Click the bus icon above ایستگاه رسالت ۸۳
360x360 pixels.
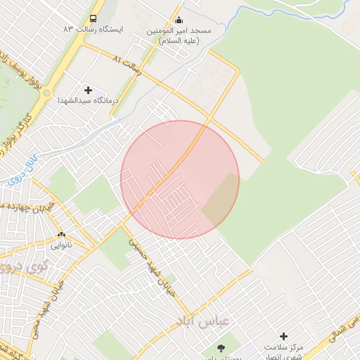tap(94, 19)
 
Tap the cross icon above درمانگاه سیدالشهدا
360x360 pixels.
tap(88, 90)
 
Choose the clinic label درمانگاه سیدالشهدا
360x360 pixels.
tap(88, 101)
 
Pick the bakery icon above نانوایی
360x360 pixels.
tap(61, 235)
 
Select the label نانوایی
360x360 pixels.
tap(60, 246)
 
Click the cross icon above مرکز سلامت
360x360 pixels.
tap(283, 337)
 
